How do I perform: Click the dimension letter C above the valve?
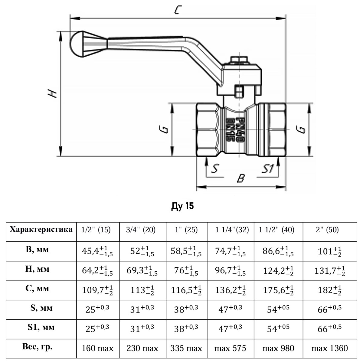[178, 11]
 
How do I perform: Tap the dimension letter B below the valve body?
[240, 178]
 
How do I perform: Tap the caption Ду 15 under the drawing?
[182, 206]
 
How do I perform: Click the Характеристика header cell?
[41, 229]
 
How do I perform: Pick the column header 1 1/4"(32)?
[232, 230]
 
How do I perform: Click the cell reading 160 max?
[98, 348]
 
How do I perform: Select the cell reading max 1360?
[330, 348]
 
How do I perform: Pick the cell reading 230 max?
[142, 348]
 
